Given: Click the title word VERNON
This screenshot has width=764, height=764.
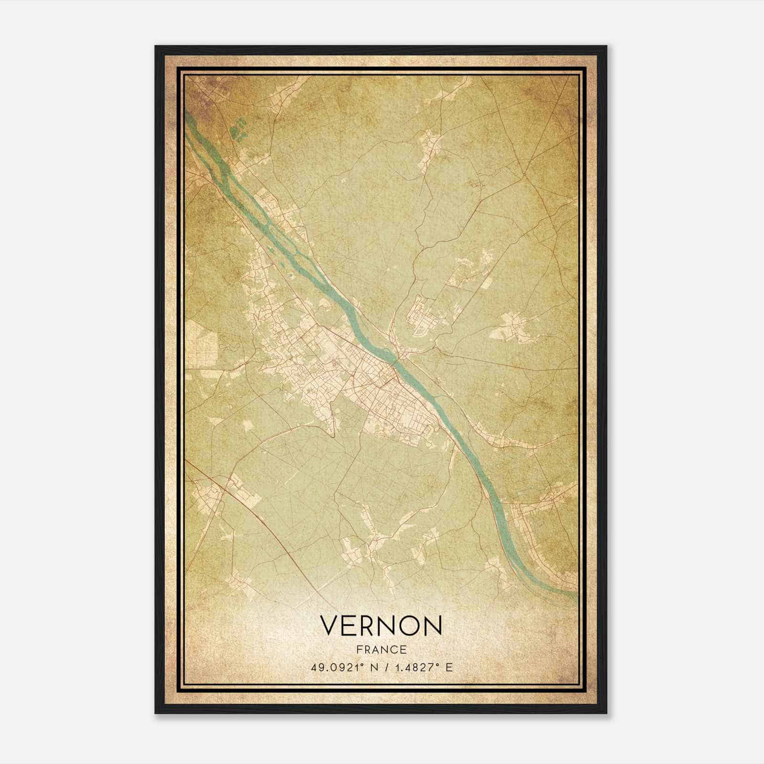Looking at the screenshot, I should pyautogui.click(x=381, y=626).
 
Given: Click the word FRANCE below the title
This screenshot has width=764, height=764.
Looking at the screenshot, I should pyautogui.click(x=381, y=650).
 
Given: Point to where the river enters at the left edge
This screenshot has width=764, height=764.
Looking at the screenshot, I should pyautogui.click(x=188, y=117).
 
